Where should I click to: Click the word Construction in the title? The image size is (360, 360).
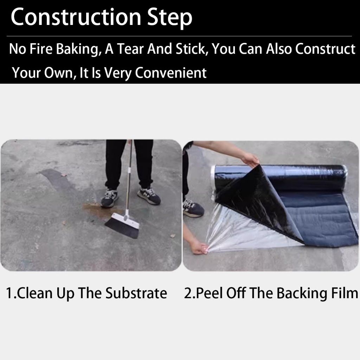[76, 17]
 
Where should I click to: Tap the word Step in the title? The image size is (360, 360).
[169, 18]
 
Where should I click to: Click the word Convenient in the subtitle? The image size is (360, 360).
[171, 73]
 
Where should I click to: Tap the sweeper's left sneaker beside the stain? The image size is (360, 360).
[110, 198]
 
